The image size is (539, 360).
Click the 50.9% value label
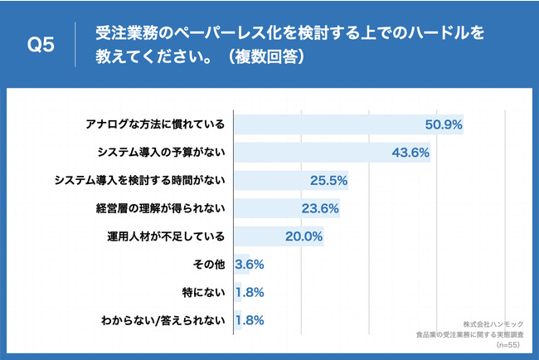pyautogui.click(x=443, y=125)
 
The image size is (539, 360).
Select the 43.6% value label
pyautogui.click(x=410, y=153)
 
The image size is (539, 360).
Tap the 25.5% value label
pyautogui.click(x=328, y=180)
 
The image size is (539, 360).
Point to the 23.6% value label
pyautogui.click(x=319, y=208)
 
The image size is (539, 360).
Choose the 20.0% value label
pyautogui.click(x=303, y=236)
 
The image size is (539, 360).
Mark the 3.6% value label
pyautogui.click(x=250, y=264)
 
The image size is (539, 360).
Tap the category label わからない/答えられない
pyautogui.click(x=162, y=319)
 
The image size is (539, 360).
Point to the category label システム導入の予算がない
pyautogui.click(x=162, y=153)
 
